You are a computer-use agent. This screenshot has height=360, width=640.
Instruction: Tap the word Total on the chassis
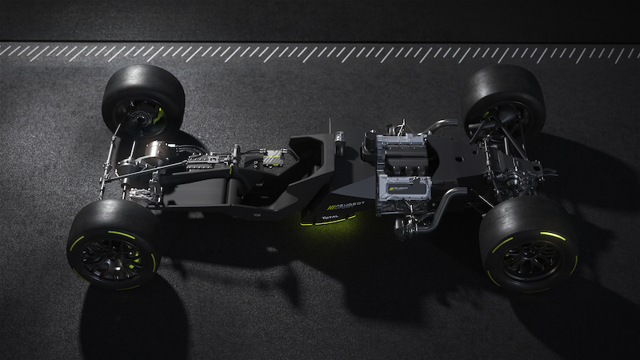coord(330,218)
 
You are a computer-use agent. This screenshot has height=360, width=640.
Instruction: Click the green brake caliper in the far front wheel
coord(159,115)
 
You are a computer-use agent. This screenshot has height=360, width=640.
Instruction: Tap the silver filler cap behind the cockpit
coord(339,143)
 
